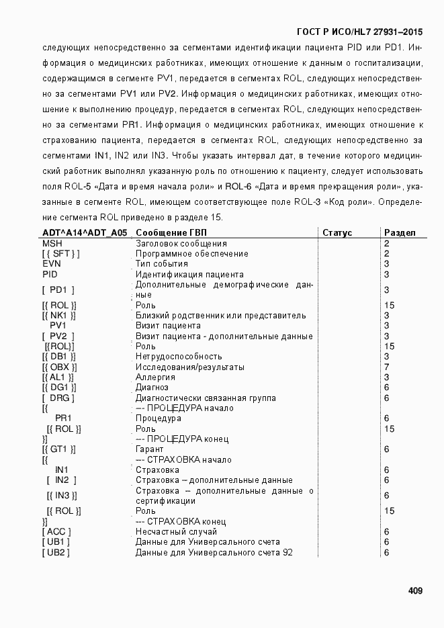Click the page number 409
[x=414, y=591]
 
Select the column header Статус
[x=337, y=233]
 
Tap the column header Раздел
[x=400, y=233]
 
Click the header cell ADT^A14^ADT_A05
[x=85, y=233]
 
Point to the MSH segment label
[x=52, y=243]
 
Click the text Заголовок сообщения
[x=181, y=243]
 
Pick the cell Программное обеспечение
[x=192, y=254]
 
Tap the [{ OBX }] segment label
[x=59, y=367]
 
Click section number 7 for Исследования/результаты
[x=386, y=367]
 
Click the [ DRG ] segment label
[x=58, y=398]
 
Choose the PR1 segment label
[x=64, y=418]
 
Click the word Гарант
[x=150, y=449]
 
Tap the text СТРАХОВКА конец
[x=181, y=521]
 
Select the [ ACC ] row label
[x=56, y=531]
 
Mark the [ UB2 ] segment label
[x=56, y=552]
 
